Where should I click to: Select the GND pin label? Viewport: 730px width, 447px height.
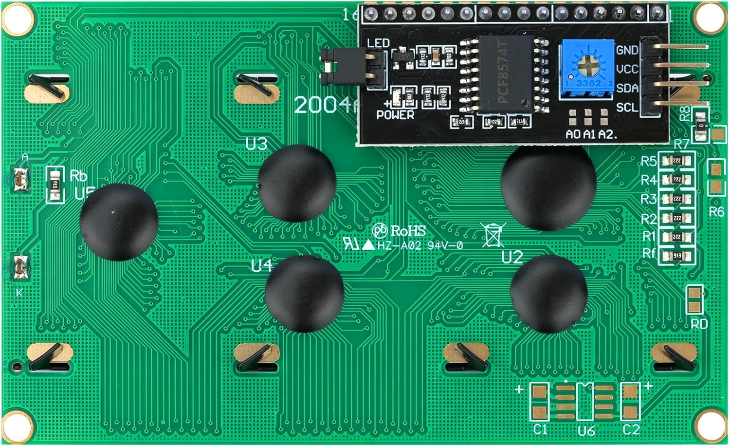coord(627,50)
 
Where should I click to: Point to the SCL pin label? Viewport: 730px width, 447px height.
coord(627,107)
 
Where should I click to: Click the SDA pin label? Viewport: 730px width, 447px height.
coord(627,88)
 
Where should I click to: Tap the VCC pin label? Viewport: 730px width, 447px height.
coord(627,69)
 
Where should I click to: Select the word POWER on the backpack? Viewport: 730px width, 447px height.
coord(395,115)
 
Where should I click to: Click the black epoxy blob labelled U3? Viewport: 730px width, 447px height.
coord(297,183)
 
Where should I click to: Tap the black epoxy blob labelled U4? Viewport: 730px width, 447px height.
coord(304,294)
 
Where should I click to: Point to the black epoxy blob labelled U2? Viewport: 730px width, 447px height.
coord(548,294)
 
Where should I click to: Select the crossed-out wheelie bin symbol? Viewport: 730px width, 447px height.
coord(493,235)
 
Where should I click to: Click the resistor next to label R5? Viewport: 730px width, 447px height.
coord(676,161)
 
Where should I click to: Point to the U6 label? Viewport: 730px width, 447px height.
coord(586,431)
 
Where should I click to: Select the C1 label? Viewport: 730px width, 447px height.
coord(540,429)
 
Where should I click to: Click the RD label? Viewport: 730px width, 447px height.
coord(699,324)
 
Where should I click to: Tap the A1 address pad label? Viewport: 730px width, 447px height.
coord(589,134)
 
